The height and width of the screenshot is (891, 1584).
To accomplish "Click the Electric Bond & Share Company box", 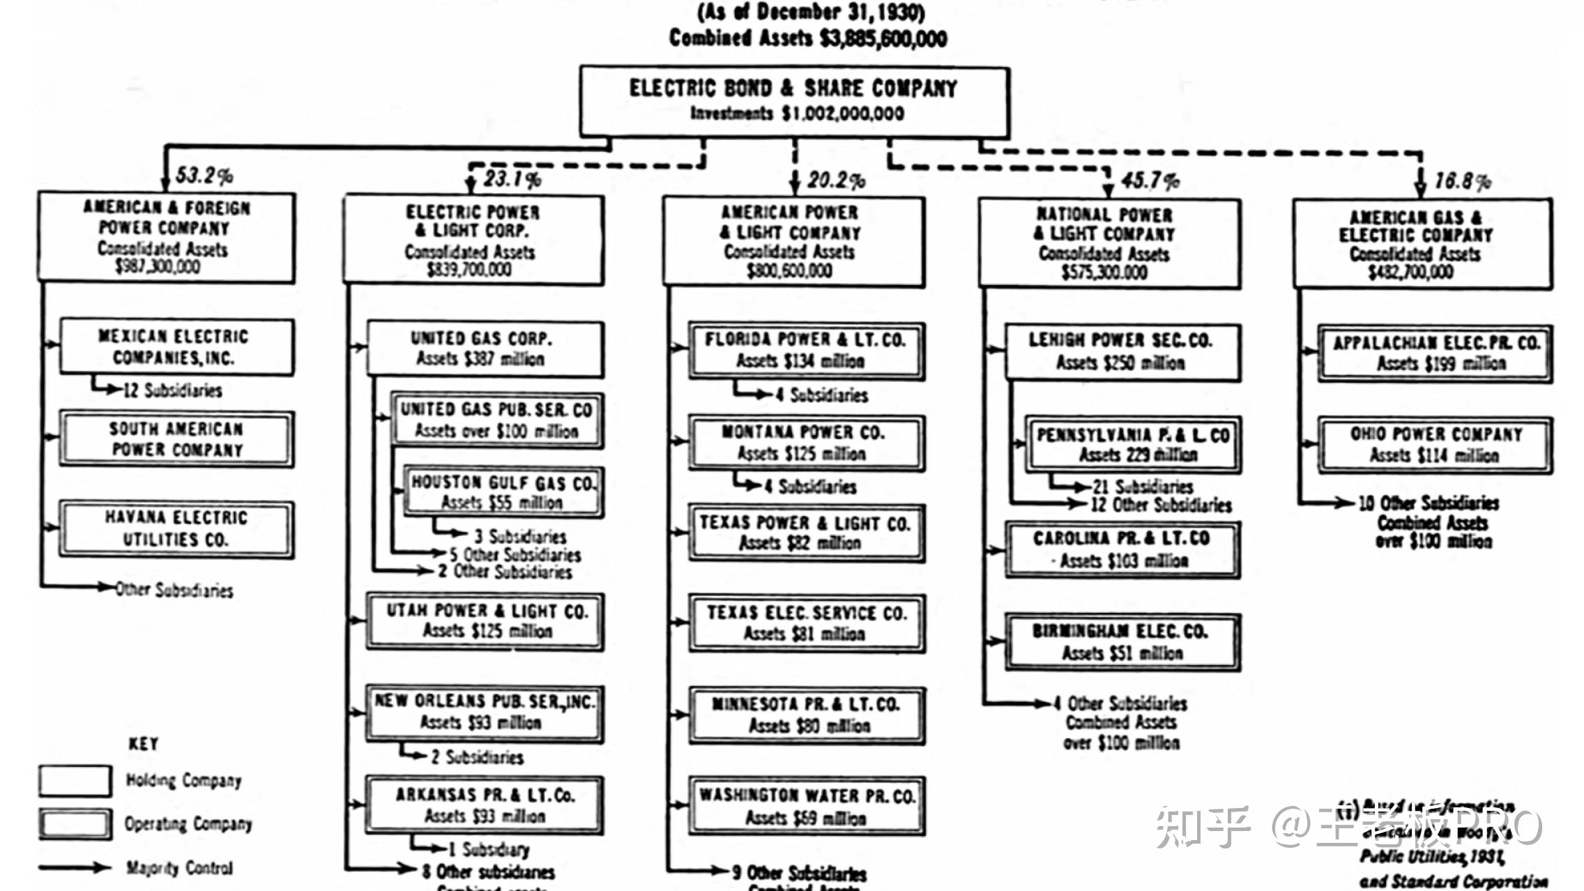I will click(794, 101).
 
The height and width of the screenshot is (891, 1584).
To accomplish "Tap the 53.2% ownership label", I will click(204, 175).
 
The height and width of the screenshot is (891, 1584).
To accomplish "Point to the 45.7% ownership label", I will click(1150, 181).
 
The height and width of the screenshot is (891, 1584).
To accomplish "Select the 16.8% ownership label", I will click(1462, 181).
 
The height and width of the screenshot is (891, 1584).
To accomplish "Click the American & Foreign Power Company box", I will click(167, 237).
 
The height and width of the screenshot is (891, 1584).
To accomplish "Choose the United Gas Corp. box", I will click(485, 349).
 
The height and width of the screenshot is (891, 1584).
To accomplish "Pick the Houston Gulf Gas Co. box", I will click(503, 492).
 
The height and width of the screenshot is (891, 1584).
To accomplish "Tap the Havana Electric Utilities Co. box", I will click(176, 528).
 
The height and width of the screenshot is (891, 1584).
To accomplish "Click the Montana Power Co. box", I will click(806, 443).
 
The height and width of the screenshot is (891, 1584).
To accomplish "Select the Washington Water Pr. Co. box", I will click(807, 806).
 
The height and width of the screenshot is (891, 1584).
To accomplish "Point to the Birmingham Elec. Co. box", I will click(1122, 642).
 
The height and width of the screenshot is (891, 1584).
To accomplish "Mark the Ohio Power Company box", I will click(1435, 445).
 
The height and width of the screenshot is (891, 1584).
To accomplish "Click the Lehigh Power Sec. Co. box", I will click(1122, 351).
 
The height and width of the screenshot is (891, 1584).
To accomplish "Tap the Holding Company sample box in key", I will click(75, 781).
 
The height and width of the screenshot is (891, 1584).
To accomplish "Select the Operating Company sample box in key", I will click(75, 823).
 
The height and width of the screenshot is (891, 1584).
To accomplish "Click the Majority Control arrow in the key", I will click(75, 868).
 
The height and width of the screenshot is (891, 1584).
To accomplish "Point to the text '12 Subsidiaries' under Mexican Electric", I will click(173, 390).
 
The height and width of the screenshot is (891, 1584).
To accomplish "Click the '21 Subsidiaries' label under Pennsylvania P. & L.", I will click(1143, 486).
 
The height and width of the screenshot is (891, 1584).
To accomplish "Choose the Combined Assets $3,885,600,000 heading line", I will click(808, 38).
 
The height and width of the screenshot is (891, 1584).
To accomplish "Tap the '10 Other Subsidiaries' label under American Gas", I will click(1428, 503).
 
